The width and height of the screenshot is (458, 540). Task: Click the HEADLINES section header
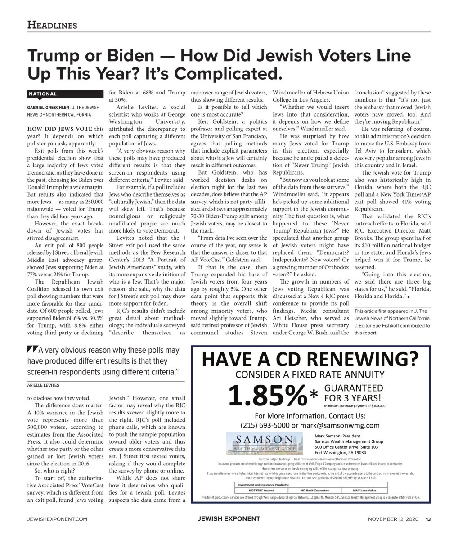pyautogui.click(x=52, y=25)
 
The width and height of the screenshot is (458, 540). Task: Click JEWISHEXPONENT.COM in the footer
pyautogui.click(x=56, y=519)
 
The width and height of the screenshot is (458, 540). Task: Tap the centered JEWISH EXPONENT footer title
pyautogui.click(x=229, y=519)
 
